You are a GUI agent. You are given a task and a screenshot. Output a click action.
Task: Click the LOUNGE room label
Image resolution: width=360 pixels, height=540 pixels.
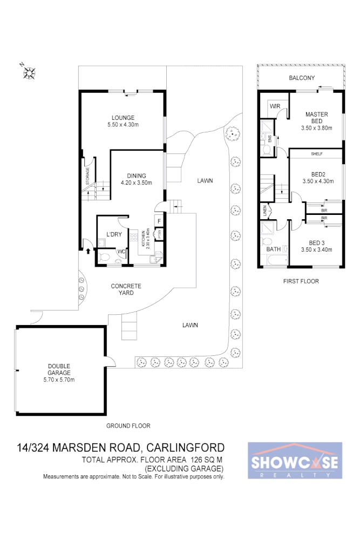coord(123,118)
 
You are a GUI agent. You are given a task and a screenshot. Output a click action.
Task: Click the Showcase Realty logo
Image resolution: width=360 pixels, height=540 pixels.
coord(295,461)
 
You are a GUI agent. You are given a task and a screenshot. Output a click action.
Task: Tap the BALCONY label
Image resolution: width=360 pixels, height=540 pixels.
coord(302,78)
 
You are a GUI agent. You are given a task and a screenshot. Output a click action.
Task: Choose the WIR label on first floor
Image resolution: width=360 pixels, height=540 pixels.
coord(275,106)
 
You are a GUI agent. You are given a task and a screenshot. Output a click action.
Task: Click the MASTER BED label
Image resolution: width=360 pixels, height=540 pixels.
coord(314,118)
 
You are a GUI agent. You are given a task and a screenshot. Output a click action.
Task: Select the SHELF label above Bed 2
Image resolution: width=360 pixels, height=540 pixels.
coord(316,154)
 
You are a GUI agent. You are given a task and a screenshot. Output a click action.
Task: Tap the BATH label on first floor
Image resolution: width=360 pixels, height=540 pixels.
coord(273,249)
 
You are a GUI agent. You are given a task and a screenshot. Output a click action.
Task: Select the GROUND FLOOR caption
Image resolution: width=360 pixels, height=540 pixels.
coord(128,426)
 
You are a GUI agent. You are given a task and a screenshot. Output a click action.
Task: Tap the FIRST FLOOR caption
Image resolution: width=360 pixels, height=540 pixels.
coord(301,281)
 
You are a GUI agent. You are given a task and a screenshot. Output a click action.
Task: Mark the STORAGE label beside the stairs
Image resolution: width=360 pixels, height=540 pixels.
coord(87,176)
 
